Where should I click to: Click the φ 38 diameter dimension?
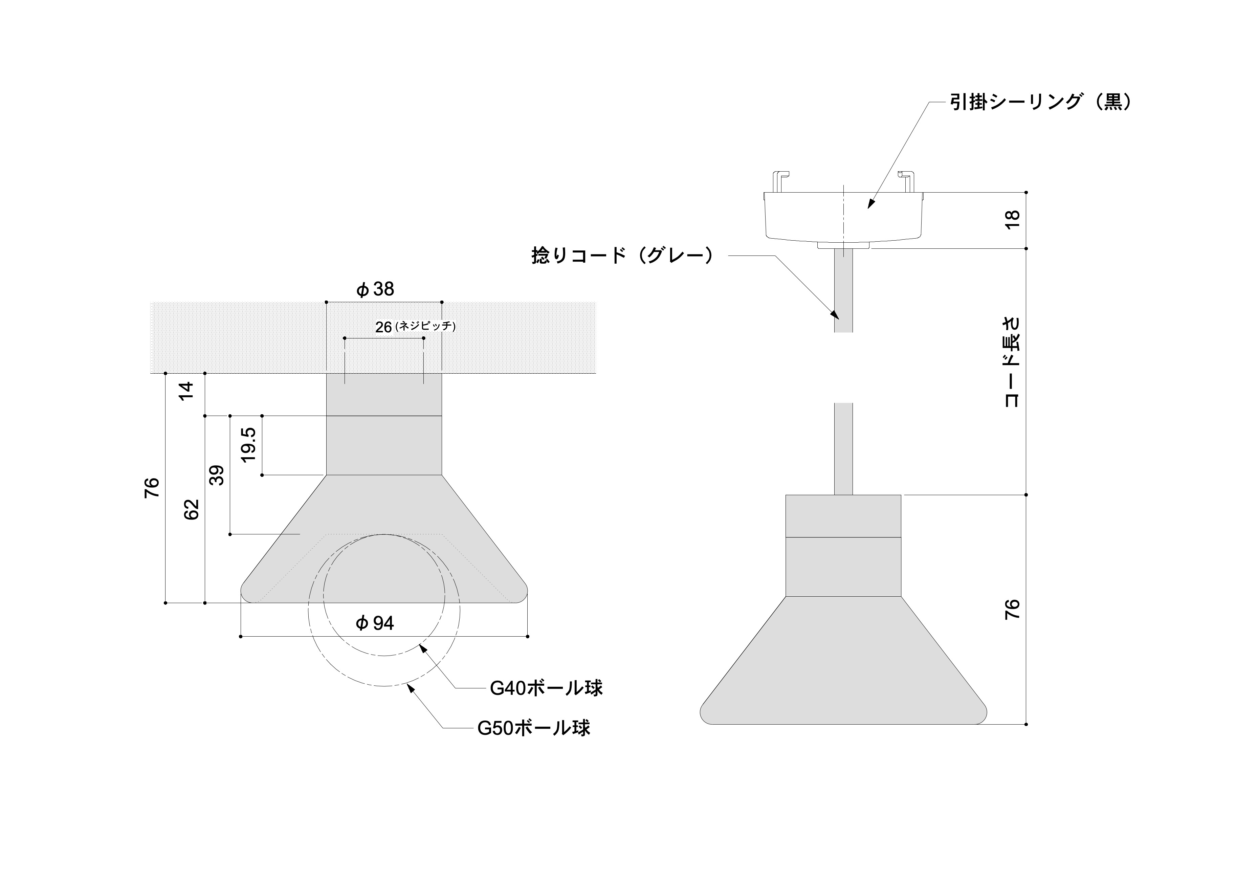[375, 289]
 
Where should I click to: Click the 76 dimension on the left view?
[152, 487]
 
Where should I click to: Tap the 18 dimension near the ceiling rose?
[1012, 219]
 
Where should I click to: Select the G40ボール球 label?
[546, 688]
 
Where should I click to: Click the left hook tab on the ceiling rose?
[781, 182]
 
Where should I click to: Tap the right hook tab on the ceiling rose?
[907, 182]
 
